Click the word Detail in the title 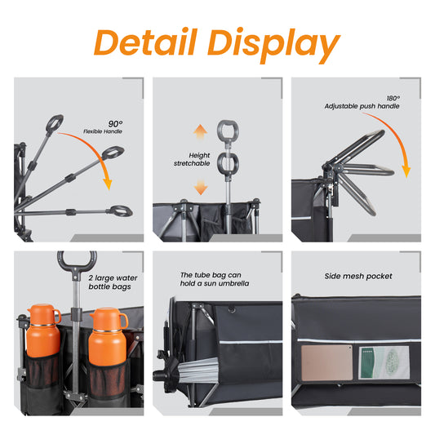tap(145, 42)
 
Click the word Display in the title tap(274, 45)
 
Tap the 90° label tap(115, 124)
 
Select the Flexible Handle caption tap(103, 131)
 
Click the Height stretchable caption tap(192, 159)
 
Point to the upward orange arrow tap(200, 131)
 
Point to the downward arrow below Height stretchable tap(201, 186)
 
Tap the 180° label tap(393, 98)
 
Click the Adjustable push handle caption tap(362, 106)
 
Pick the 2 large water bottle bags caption tap(113, 282)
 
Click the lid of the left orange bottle tap(44, 314)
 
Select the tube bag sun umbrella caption tap(215, 279)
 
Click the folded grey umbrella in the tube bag tap(198, 371)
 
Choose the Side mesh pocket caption tap(358, 277)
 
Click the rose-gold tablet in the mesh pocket tap(326, 362)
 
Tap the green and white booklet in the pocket tap(384, 362)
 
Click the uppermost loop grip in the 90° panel tap(55, 123)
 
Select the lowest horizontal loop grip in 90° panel tap(121, 211)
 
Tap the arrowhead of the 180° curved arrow tap(406, 171)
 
